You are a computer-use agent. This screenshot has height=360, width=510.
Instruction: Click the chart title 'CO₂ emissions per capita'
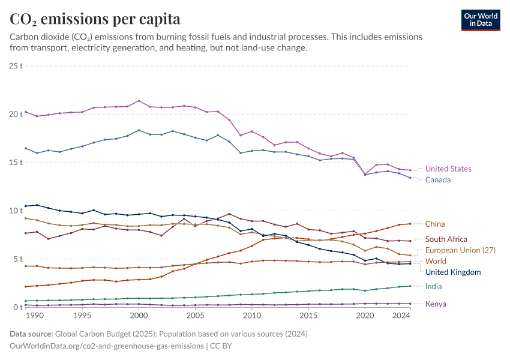pos(95,19)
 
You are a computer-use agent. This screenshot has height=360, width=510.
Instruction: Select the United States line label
pos(448,169)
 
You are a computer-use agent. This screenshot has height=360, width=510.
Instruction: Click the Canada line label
pos(438,180)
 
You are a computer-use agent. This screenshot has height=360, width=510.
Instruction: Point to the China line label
pos(435,224)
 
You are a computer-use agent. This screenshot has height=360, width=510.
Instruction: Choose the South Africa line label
pos(446,239)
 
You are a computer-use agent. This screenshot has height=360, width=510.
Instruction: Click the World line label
pos(436,262)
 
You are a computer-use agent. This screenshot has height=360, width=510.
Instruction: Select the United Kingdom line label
pos(453,272)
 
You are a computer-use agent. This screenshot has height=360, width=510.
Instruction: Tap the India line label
pos(433,287)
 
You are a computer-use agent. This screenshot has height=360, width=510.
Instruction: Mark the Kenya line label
pos(436,304)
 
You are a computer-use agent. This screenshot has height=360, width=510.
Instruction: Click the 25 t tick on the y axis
pos(16,65)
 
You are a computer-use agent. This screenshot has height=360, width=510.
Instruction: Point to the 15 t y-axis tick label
pos(16,163)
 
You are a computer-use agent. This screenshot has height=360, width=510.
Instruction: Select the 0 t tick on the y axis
pos(18,307)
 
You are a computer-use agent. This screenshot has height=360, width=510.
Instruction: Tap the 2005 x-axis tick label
pos(195,316)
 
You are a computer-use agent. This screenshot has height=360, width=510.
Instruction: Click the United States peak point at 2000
pos(139,101)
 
